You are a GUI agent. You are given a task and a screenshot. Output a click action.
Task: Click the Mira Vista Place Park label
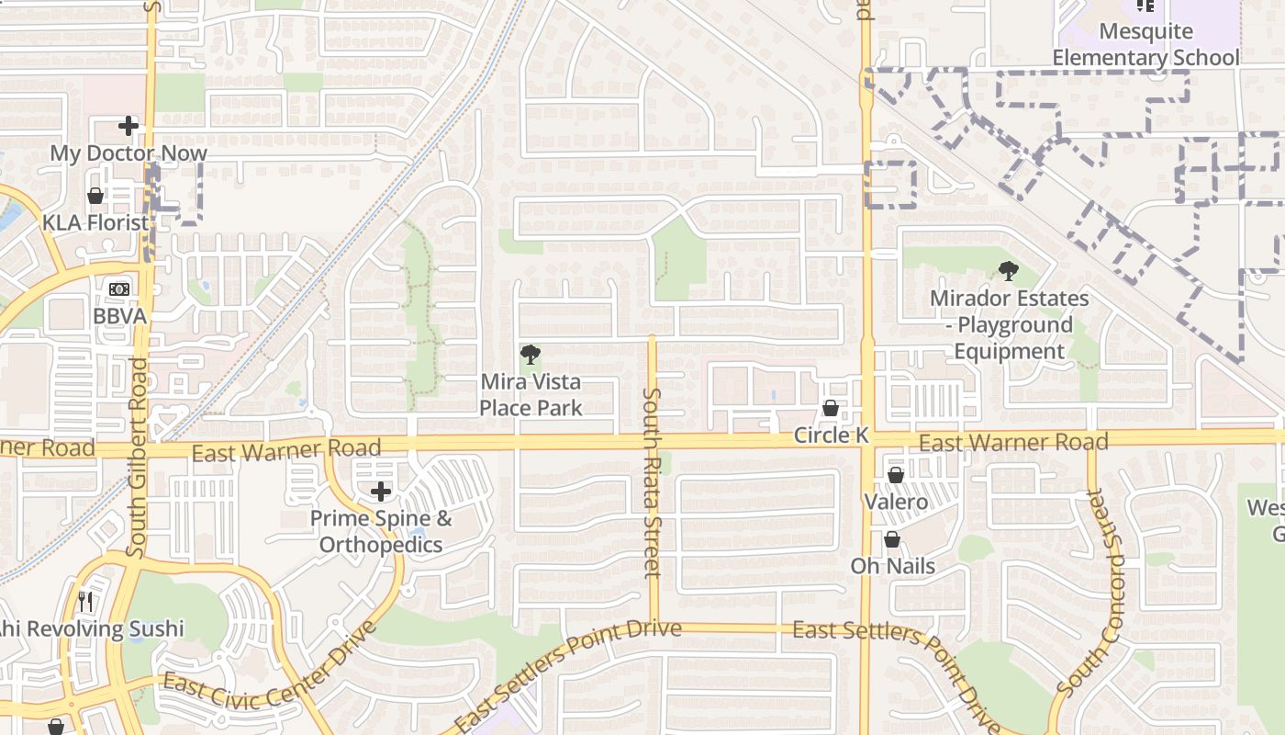click(x=531, y=394)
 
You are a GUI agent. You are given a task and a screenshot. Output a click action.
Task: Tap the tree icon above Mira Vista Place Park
click(x=530, y=355)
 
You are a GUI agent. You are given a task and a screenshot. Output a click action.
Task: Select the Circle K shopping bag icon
click(x=831, y=408)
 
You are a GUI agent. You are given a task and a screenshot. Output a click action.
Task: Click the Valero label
click(x=896, y=503)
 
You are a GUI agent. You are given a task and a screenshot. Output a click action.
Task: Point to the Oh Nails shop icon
click(x=891, y=539)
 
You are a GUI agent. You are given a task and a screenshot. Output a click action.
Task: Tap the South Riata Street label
click(x=652, y=482)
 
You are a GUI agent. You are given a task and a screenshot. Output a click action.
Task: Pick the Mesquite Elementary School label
click(x=1145, y=44)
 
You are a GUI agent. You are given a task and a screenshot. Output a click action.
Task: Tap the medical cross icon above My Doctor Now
click(x=128, y=126)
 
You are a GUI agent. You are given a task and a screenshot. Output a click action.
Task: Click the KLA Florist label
click(x=95, y=222)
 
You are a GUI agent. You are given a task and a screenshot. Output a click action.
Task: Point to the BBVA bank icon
click(x=119, y=289)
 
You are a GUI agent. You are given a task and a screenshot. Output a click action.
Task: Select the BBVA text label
click(x=119, y=316)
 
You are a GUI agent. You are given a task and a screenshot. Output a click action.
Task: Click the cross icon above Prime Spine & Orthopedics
click(x=381, y=492)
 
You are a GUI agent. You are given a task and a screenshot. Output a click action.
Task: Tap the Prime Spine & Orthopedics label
click(x=381, y=531)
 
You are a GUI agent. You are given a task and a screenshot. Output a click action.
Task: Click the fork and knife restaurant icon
click(x=85, y=602)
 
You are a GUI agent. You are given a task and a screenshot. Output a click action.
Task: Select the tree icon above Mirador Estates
click(x=1009, y=271)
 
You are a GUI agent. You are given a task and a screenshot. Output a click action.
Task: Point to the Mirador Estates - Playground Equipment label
click(x=1010, y=324)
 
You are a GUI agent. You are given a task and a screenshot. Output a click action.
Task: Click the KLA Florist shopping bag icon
click(x=95, y=196)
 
